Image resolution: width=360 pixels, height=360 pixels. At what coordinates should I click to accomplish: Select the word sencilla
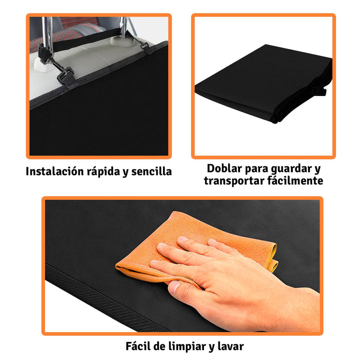151,171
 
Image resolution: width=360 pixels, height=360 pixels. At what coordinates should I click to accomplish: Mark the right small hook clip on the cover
145,48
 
